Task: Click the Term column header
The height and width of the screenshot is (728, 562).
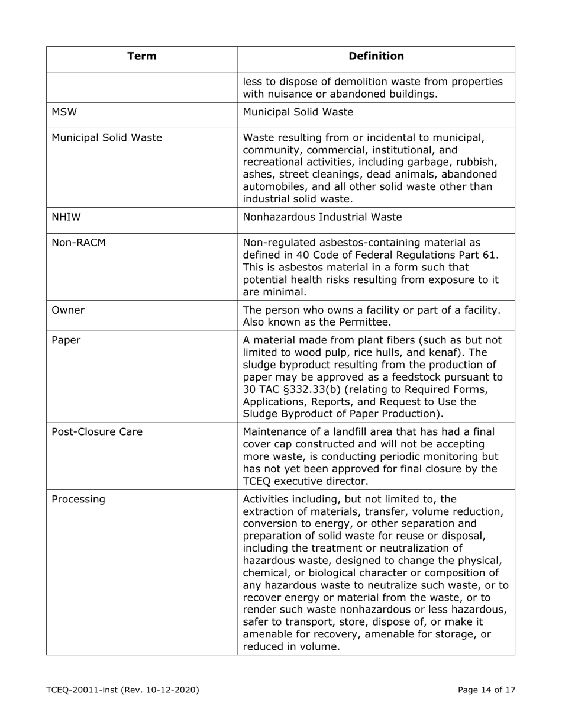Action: (142, 56)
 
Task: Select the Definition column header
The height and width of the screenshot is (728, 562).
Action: (376, 56)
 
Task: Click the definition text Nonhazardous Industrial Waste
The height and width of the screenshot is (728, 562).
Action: (322, 217)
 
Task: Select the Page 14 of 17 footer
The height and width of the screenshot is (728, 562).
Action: (486, 690)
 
